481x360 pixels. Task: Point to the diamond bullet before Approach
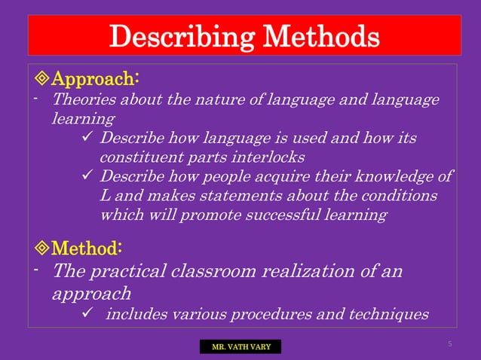(41, 79)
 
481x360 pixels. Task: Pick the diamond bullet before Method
(41, 248)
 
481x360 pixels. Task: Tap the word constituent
(139, 157)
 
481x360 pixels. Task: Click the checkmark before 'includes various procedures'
(86, 313)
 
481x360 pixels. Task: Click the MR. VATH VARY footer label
(240, 347)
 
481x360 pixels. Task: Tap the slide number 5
(449, 344)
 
